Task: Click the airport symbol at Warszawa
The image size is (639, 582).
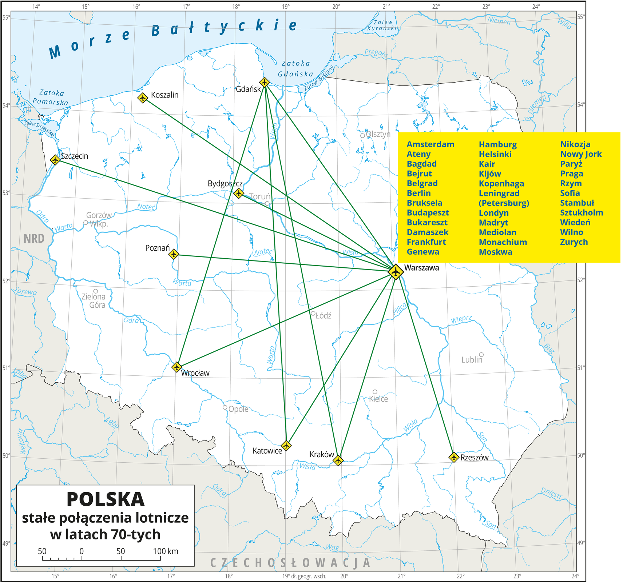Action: (396, 272)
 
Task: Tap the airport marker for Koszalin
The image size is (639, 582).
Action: (143, 98)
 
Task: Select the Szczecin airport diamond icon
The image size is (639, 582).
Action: (55, 160)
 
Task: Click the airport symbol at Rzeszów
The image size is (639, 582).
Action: (453, 457)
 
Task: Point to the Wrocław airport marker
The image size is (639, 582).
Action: (176, 367)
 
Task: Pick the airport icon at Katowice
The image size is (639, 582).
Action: (286, 445)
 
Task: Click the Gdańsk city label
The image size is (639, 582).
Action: (248, 89)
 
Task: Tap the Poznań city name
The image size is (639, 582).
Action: (157, 248)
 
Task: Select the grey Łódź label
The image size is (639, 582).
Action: (323, 316)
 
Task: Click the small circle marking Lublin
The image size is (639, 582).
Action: (481, 354)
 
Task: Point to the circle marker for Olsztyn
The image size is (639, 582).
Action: (362, 135)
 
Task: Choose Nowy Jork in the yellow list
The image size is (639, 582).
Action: (581, 154)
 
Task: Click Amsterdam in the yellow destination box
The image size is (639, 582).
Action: (430, 144)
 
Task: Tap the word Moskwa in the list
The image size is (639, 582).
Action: (495, 252)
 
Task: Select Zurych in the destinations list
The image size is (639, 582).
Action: (574, 242)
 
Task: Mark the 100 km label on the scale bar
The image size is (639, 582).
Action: (166, 551)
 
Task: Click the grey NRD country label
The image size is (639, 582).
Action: (34, 239)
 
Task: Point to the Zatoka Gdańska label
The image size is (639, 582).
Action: (295, 68)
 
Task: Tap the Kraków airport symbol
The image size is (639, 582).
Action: (338, 460)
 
